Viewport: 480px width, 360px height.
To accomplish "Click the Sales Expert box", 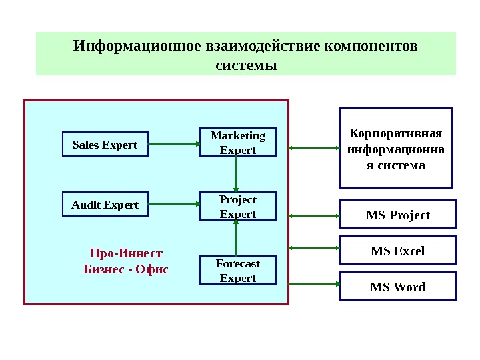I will (x=105, y=145).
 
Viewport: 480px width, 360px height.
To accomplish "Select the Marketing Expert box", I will (x=237, y=143).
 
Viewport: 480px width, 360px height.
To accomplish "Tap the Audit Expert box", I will (x=105, y=205).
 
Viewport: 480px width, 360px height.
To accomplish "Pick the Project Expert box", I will (x=237, y=207).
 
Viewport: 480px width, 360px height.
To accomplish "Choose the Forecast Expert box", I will (x=237, y=271).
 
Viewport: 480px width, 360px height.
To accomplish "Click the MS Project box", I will (x=398, y=215).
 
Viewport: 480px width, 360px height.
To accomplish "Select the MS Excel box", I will (x=398, y=251).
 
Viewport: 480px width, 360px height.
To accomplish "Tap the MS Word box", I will (x=398, y=287).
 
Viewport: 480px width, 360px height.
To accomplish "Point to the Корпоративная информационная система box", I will (x=396, y=148).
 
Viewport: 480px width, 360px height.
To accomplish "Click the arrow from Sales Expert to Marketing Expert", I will (x=174, y=142).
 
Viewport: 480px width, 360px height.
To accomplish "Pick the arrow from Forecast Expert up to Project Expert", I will (x=236, y=238).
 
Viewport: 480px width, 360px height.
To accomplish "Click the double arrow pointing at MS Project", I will (x=314, y=215).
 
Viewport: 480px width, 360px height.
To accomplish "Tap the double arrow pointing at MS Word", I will (x=314, y=284).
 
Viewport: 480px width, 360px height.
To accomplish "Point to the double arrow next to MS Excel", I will (x=314, y=248).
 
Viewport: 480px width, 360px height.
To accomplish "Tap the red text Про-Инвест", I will (x=125, y=254).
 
